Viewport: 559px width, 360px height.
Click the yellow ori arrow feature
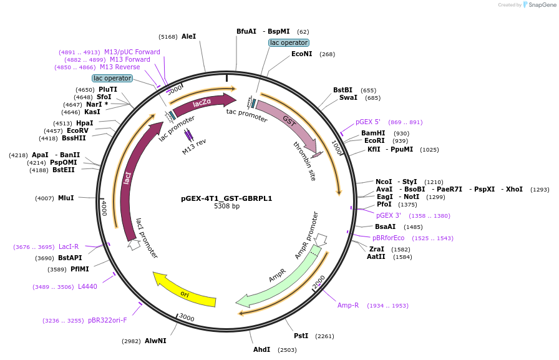(185, 292)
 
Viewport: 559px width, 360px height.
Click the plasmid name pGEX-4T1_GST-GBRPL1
(226, 198)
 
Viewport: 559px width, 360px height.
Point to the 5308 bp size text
(226, 206)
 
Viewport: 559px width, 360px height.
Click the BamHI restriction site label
(373, 134)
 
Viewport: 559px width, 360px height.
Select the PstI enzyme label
(301, 336)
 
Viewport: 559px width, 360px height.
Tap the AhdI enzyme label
(261, 349)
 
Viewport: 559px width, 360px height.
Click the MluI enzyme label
(66, 198)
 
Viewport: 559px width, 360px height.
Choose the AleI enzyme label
(188, 36)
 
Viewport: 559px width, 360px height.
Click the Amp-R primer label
(348, 305)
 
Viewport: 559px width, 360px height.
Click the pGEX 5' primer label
(368, 122)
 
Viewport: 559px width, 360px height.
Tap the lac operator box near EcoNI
(288, 42)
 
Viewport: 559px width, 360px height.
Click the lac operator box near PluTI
(112, 78)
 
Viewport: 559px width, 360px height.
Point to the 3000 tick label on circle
(187, 318)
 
